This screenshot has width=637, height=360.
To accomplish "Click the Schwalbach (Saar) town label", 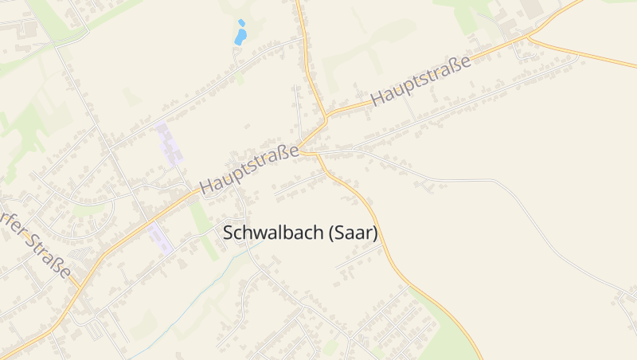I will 300,233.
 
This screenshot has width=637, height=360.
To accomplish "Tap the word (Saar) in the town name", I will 353,233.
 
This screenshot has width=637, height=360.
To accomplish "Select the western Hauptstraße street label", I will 249,168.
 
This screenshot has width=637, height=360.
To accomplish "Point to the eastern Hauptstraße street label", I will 421,80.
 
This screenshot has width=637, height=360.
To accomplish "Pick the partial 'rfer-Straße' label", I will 36,245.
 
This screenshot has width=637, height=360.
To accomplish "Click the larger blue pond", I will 240,37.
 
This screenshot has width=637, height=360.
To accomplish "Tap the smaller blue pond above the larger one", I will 241,22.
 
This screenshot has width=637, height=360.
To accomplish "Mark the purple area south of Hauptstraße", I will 160,237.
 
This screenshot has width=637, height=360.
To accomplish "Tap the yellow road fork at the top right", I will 529,37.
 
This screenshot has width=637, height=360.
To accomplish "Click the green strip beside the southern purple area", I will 202,231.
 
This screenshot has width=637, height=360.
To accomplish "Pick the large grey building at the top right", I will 532,10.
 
